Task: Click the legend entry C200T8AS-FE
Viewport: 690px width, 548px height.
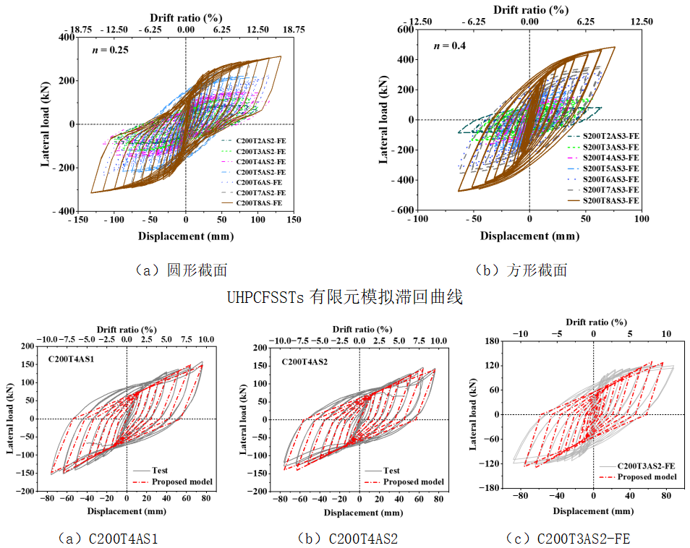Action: point(262,205)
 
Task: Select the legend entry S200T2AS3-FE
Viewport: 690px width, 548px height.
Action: point(611,135)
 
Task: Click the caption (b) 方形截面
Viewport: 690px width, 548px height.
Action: point(521,270)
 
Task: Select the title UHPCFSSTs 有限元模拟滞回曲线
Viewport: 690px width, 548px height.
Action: point(344,296)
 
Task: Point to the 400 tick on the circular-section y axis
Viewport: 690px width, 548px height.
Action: point(66,37)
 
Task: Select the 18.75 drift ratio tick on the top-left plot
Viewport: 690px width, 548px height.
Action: point(293,30)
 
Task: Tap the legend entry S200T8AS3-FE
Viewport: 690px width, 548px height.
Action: point(611,200)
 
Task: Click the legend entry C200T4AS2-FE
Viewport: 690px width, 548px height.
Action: point(262,163)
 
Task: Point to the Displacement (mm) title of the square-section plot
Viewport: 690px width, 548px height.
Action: point(530,236)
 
